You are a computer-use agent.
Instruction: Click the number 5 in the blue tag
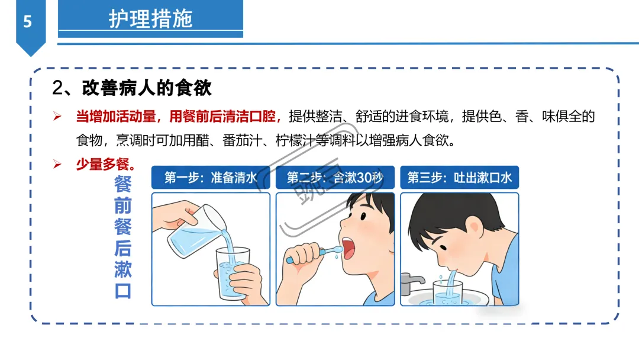pos(27,21)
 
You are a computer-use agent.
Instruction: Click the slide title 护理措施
pos(150,19)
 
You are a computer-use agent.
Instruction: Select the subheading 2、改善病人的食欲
pos(131,88)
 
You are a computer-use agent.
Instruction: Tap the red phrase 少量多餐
pos(102,164)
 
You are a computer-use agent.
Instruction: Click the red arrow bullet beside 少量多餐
pos(57,164)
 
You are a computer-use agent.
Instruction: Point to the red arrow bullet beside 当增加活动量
pos(57,117)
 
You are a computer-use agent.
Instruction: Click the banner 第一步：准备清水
pos(211,178)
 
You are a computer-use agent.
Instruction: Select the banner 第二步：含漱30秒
pos(335,178)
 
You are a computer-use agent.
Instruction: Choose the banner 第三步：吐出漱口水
pos(459,178)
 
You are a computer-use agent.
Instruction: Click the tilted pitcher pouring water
pos(197,232)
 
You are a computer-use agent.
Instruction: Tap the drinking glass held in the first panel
pos(233,273)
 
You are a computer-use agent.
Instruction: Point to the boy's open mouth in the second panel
pos(348,248)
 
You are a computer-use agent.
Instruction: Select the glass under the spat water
pos(447,292)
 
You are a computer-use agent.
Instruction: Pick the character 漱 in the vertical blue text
pos(122,269)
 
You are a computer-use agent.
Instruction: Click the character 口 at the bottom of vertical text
pos(122,291)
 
